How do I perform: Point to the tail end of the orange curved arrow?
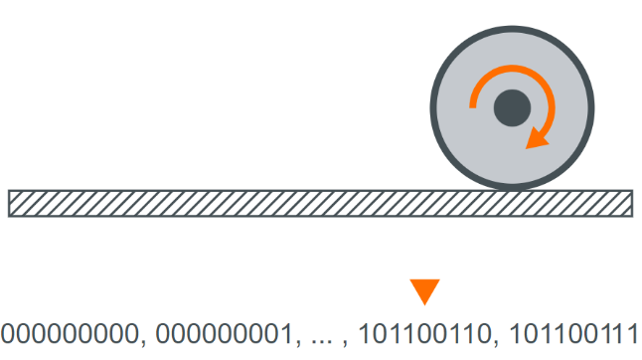tap(473, 105)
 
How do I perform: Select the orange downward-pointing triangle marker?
tap(424, 291)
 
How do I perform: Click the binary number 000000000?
tap(70, 332)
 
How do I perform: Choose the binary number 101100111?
tap(570, 332)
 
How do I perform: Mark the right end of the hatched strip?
tap(629, 203)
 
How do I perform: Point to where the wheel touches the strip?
tap(511, 189)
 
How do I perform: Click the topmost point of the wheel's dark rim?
tap(511, 25)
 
